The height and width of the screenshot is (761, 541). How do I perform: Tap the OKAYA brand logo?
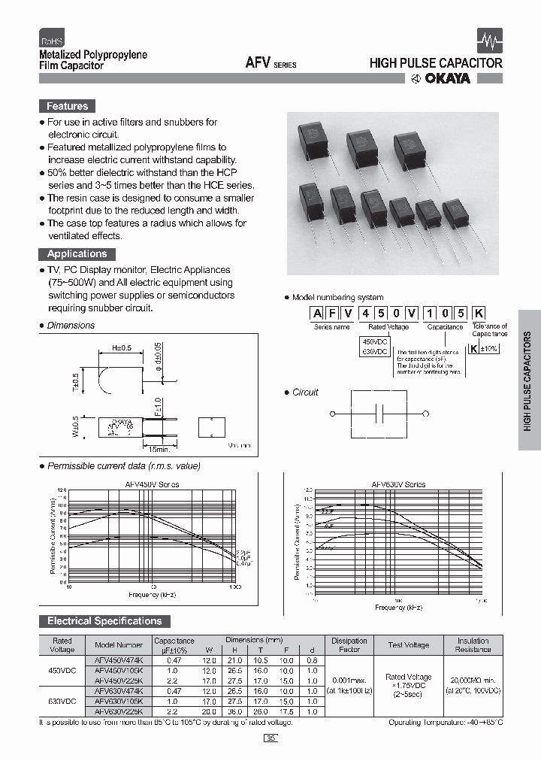440,78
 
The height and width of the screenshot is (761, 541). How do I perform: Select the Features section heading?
67,107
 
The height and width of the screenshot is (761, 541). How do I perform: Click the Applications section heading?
77,254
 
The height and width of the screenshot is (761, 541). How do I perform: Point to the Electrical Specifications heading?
104,621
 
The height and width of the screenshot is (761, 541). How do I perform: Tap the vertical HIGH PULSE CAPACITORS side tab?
528,380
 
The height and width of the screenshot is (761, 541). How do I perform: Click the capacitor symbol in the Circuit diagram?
380,414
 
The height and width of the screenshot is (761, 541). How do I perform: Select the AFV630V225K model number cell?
118,711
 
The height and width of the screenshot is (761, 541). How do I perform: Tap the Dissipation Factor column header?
349,644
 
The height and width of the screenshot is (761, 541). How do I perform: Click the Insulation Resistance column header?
473,644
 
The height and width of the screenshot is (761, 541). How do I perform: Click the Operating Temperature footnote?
445,723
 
